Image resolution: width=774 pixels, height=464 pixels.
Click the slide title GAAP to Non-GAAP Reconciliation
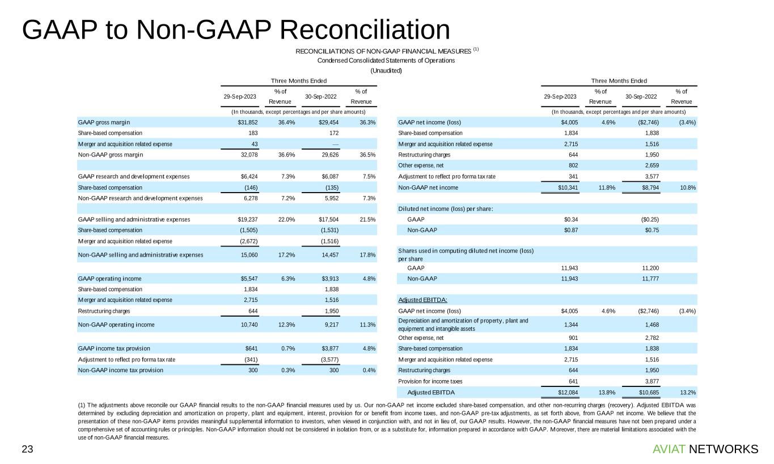(236, 30)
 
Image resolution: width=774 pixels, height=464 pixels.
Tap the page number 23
(27, 449)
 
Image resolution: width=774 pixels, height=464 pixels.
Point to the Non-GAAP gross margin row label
(110, 155)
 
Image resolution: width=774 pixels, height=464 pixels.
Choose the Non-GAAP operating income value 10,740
(247, 325)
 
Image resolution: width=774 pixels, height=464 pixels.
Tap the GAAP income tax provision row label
(114, 348)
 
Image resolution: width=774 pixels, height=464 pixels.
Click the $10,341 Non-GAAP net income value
(565, 187)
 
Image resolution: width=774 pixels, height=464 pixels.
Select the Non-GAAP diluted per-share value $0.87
(569, 230)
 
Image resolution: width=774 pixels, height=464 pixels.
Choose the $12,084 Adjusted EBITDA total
(565, 392)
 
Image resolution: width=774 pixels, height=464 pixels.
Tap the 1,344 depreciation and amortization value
(569, 325)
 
